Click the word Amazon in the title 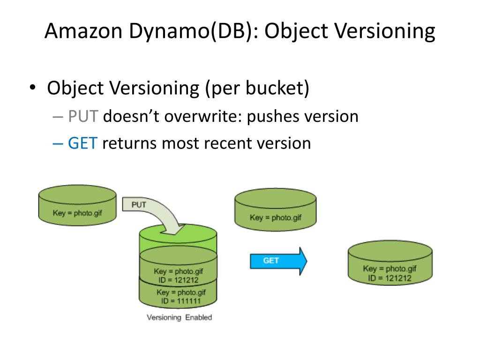83,31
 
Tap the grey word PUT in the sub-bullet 83,116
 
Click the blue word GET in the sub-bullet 82,143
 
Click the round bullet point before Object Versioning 32,88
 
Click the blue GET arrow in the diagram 278,261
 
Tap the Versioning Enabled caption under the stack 180,317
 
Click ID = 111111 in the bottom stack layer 181,301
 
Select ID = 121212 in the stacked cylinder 179,280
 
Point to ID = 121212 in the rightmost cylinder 390,278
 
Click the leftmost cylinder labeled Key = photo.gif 77,205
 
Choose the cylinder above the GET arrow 276,210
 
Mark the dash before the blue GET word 58,143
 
